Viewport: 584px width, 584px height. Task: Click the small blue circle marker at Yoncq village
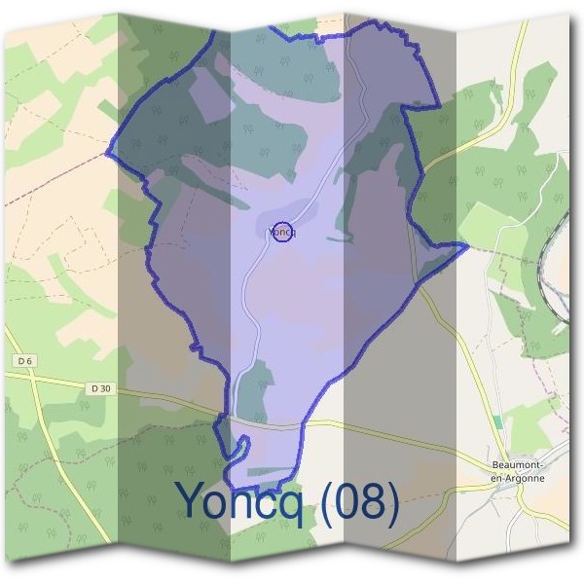coord(281,232)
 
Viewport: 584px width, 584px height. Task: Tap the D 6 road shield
coord(24,361)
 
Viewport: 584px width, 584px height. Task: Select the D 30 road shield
coord(100,388)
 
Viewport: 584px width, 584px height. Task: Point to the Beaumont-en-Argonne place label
coord(518,470)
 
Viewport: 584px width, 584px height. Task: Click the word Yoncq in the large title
coord(248,500)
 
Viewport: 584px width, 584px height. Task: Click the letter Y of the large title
coord(192,500)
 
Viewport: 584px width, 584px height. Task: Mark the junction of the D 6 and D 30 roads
coord(36,381)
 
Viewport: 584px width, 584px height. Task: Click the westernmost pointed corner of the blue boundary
coord(107,154)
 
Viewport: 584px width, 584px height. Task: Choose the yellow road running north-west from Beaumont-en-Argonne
coord(477,370)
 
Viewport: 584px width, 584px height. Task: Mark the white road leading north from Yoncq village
coord(321,165)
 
